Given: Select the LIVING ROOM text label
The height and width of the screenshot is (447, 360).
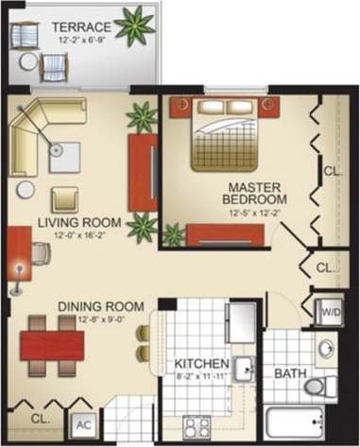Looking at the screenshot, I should (x=71, y=222).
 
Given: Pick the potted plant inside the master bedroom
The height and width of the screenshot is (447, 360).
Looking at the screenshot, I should (x=173, y=232).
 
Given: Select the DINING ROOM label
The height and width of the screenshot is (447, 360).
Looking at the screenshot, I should (x=100, y=307).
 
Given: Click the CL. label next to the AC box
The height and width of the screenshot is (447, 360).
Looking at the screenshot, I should (x=40, y=416).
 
